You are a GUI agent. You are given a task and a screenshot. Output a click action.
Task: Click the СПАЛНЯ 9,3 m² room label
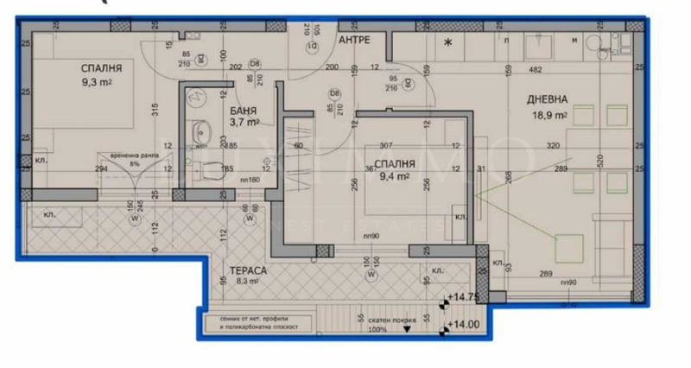click(101, 75)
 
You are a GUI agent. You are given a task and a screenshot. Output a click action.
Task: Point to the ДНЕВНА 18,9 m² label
click(548, 106)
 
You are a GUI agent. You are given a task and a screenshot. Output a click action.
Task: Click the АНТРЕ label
click(355, 41)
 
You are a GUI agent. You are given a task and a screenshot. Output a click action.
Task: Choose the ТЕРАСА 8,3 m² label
click(236, 276)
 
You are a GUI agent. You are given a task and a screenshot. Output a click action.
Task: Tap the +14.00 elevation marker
click(464, 326)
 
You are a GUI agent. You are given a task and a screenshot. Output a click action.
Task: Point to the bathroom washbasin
click(201, 132)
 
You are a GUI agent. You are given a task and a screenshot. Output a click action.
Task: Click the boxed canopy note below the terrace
click(262, 325)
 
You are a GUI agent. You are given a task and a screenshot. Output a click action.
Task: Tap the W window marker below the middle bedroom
click(371, 276)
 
